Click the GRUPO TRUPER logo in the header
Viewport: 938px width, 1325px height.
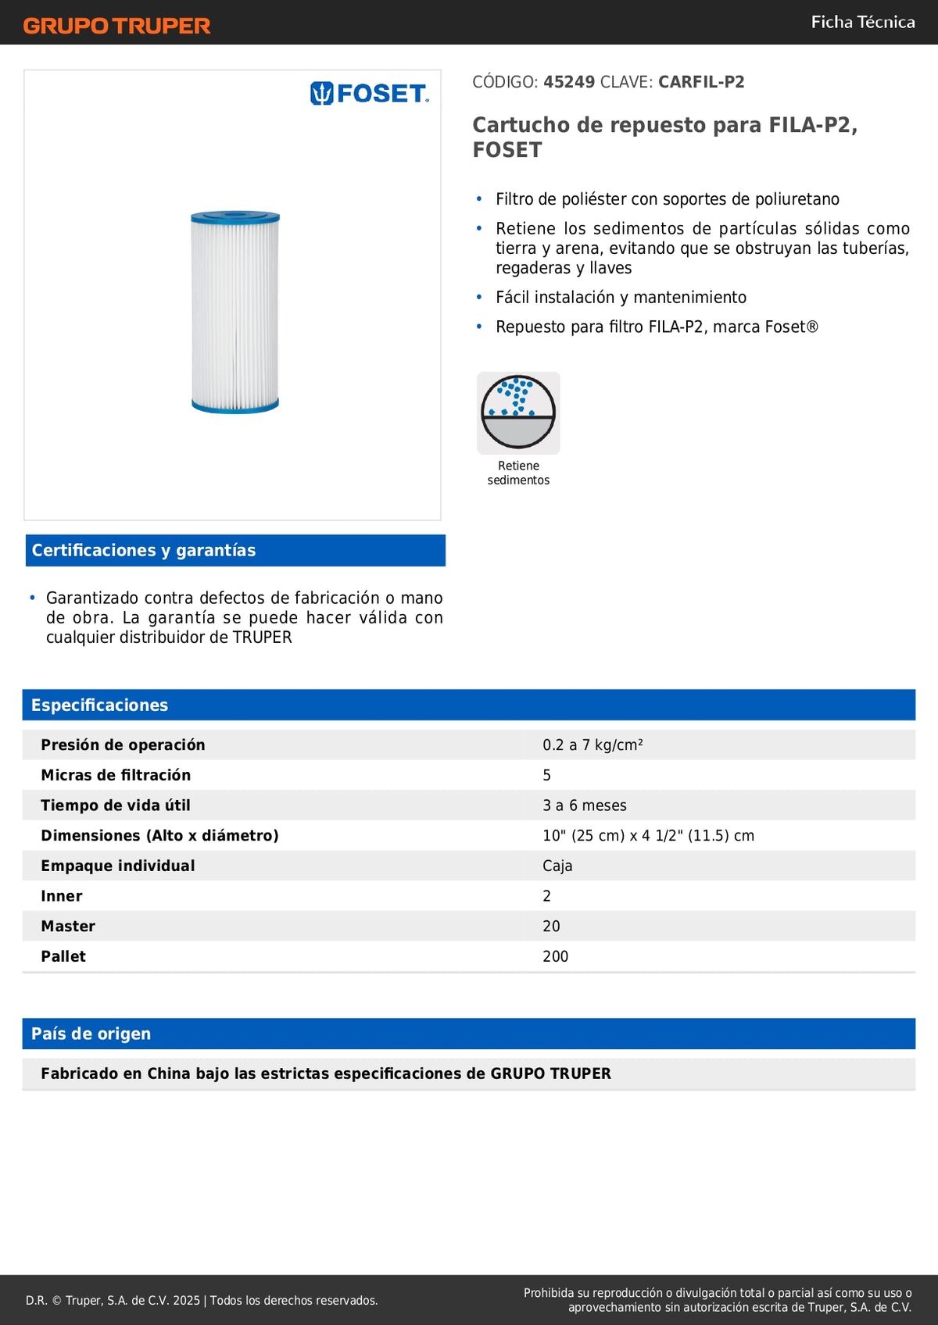click(117, 26)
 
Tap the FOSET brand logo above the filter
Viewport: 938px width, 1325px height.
click(370, 94)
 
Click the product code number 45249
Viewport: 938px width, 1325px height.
click(569, 82)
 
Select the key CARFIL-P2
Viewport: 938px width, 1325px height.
click(701, 82)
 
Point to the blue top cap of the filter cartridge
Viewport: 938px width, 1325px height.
click(235, 217)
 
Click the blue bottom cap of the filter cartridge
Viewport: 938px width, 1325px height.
click(235, 405)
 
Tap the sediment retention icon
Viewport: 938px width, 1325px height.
click(518, 412)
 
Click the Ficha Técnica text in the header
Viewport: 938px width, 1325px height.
click(863, 22)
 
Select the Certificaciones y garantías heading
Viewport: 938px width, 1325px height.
click(144, 550)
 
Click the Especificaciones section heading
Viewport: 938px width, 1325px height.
click(99, 705)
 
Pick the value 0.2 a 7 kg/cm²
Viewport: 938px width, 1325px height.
click(593, 745)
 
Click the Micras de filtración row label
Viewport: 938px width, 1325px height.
click(116, 775)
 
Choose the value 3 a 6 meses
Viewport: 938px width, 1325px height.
click(585, 805)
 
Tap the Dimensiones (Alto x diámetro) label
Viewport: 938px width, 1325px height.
click(159, 835)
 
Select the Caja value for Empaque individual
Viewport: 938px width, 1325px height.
click(557, 866)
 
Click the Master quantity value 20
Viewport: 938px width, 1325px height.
click(551, 926)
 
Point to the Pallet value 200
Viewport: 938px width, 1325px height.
click(555, 956)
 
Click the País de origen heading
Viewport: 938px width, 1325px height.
click(91, 1034)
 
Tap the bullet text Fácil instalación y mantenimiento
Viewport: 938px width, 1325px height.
click(621, 297)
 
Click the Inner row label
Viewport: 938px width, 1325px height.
click(62, 896)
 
